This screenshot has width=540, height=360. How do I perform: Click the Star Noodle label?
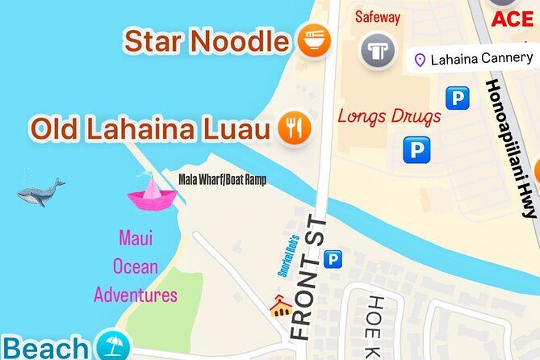click(206, 40)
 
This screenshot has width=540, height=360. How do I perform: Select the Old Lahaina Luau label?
click(150, 128)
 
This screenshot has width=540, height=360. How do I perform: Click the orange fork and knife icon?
click(295, 128)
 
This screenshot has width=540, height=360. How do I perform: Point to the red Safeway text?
click(378, 17)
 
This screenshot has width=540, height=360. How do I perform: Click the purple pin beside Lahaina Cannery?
click(420, 59)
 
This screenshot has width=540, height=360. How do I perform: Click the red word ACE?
click(513, 19)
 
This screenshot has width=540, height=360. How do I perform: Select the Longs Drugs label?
click(389, 115)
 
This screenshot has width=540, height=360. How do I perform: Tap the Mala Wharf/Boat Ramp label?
click(222, 180)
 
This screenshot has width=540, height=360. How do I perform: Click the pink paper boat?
click(151, 194)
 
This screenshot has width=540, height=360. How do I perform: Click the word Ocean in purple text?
click(136, 266)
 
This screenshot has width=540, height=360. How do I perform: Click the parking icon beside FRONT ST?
click(332, 259)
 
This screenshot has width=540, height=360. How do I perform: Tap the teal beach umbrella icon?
click(112, 346)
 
